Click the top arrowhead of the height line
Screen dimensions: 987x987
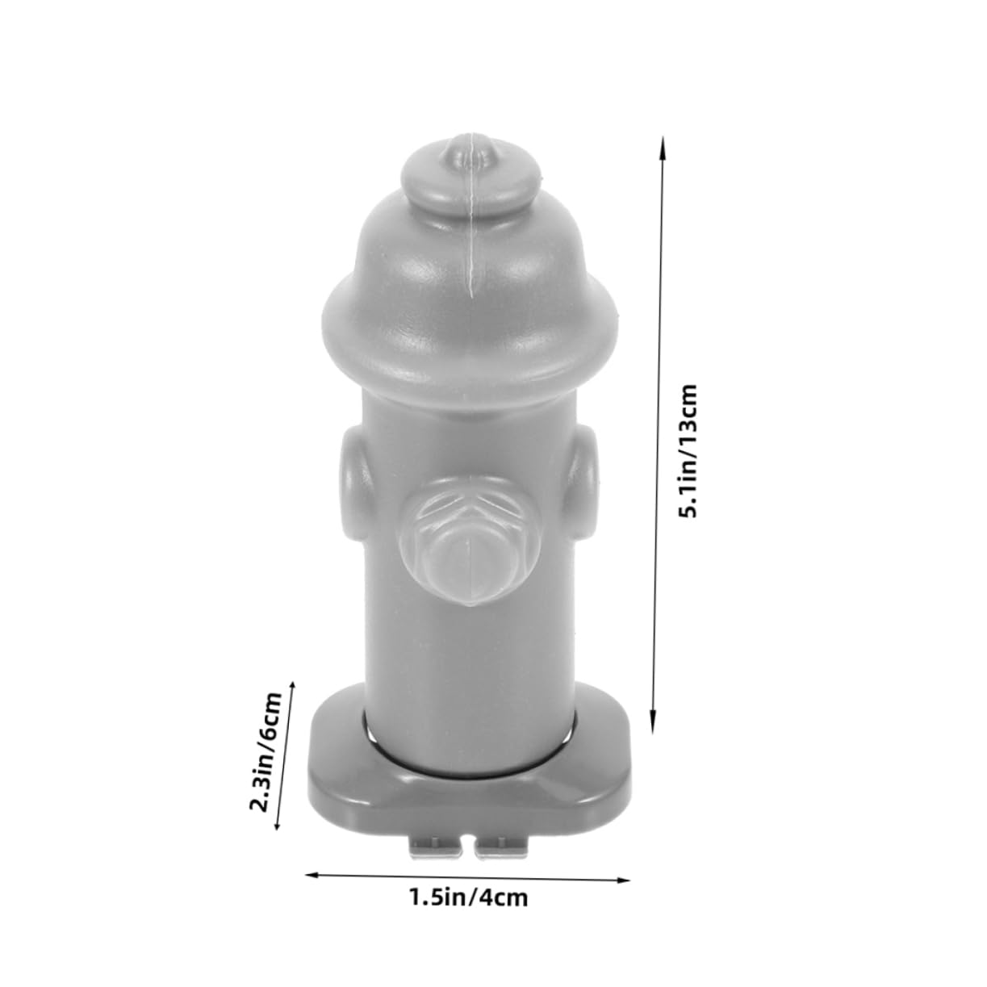tap(663, 144)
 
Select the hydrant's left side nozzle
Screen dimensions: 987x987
tap(354, 485)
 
